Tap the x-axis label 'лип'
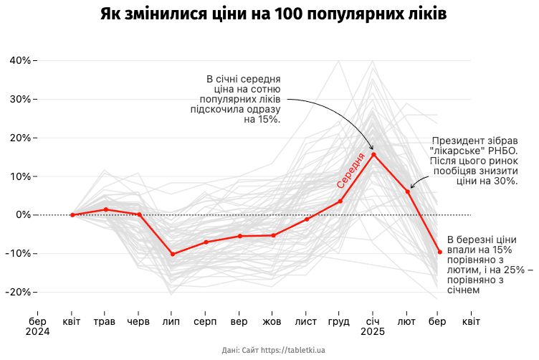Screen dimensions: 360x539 pos(172,321)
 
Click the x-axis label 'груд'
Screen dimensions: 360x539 pos(339,321)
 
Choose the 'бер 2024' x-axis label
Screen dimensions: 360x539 pos(38,326)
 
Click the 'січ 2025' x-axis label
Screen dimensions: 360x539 pos(373,326)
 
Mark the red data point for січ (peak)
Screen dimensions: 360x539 pos(373,154)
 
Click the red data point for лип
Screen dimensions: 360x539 pos(172,254)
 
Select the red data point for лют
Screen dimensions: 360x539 pos(407,191)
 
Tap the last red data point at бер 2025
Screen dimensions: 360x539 pos(439,252)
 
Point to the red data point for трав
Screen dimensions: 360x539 pos(105,209)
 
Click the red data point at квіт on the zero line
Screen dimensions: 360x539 pos(72,214)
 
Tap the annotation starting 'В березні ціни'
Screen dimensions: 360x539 pos(489,265)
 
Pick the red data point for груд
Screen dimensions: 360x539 pos(340,202)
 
